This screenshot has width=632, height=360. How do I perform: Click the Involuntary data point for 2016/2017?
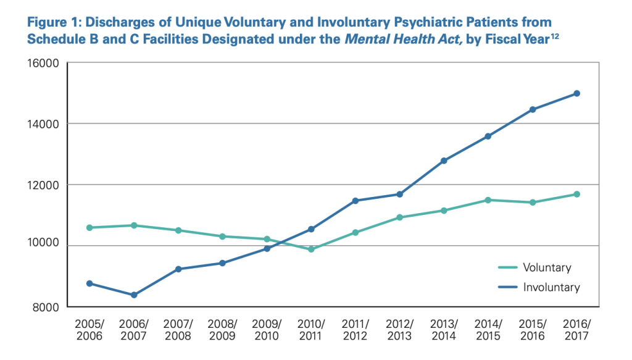[576, 93]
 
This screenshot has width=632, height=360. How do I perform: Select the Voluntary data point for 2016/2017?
[576, 195]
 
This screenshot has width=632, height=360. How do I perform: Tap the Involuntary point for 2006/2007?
[135, 295]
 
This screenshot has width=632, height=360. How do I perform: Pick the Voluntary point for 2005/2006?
[90, 228]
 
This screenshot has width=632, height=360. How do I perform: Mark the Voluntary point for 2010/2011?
[311, 249]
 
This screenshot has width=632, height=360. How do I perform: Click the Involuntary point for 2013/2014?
[444, 161]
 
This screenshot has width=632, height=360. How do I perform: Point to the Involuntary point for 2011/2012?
[355, 201]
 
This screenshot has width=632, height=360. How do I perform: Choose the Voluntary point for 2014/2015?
[488, 200]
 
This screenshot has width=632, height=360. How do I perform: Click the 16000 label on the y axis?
[43, 64]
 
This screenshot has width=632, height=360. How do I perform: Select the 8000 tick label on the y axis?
[46, 308]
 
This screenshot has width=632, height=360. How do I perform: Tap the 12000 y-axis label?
[43, 185]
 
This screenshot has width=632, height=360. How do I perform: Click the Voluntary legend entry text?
[547, 268]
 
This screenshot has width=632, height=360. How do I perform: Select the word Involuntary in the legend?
[551, 287]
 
